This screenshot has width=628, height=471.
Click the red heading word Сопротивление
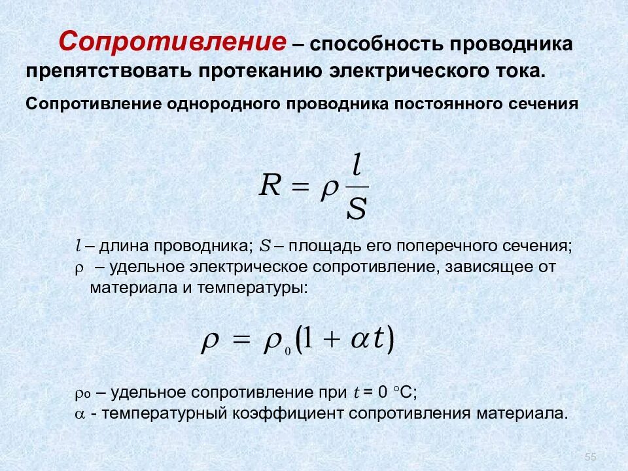[173, 43]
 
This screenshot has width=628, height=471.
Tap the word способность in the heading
[375, 45]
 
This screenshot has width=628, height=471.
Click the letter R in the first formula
[270, 186]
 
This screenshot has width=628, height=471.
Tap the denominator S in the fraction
[357, 209]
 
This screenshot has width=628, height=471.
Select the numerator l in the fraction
[357, 164]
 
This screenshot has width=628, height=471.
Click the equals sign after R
[299, 188]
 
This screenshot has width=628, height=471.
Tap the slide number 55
[591, 456]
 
